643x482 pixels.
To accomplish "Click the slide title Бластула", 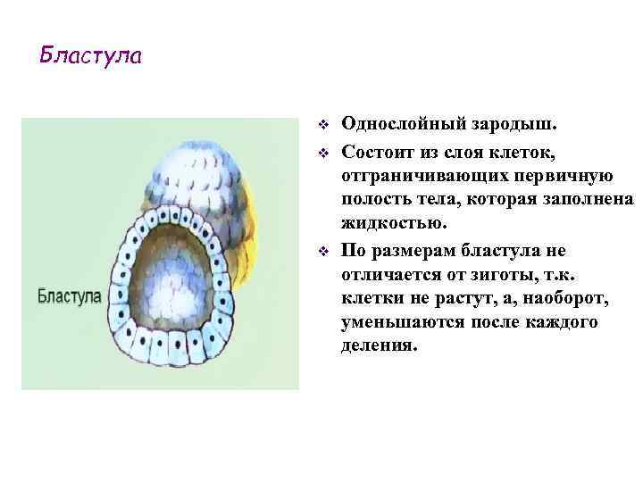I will (90, 56).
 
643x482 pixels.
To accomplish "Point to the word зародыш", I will (508, 123).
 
